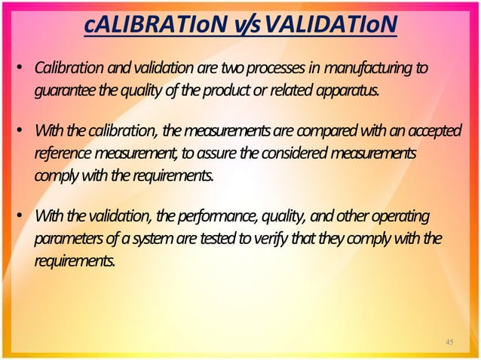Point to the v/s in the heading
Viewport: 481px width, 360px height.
click(x=245, y=29)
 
